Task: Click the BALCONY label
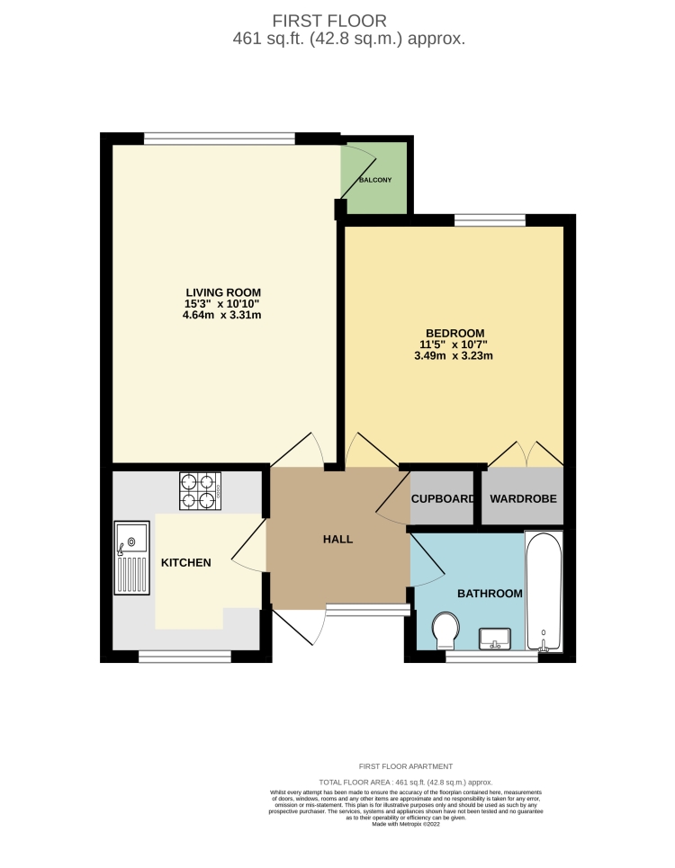tap(375, 181)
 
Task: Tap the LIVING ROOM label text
tap(222, 292)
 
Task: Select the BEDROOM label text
tap(454, 333)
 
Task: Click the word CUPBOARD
tap(442, 498)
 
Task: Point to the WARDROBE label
tap(523, 498)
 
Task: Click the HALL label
tap(337, 540)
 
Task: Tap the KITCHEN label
tap(185, 563)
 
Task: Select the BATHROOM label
tap(490, 594)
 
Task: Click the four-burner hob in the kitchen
tap(200, 491)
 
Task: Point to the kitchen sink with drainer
tap(131, 558)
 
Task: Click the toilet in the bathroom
tap(444, 631)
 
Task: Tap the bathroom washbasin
tap(495, 639)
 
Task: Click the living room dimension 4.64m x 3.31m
tap(222, 316)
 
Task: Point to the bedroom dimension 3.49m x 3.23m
tap(454, 356)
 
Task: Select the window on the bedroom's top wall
tap(490, 219)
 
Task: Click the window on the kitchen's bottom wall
tap(184, 658)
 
